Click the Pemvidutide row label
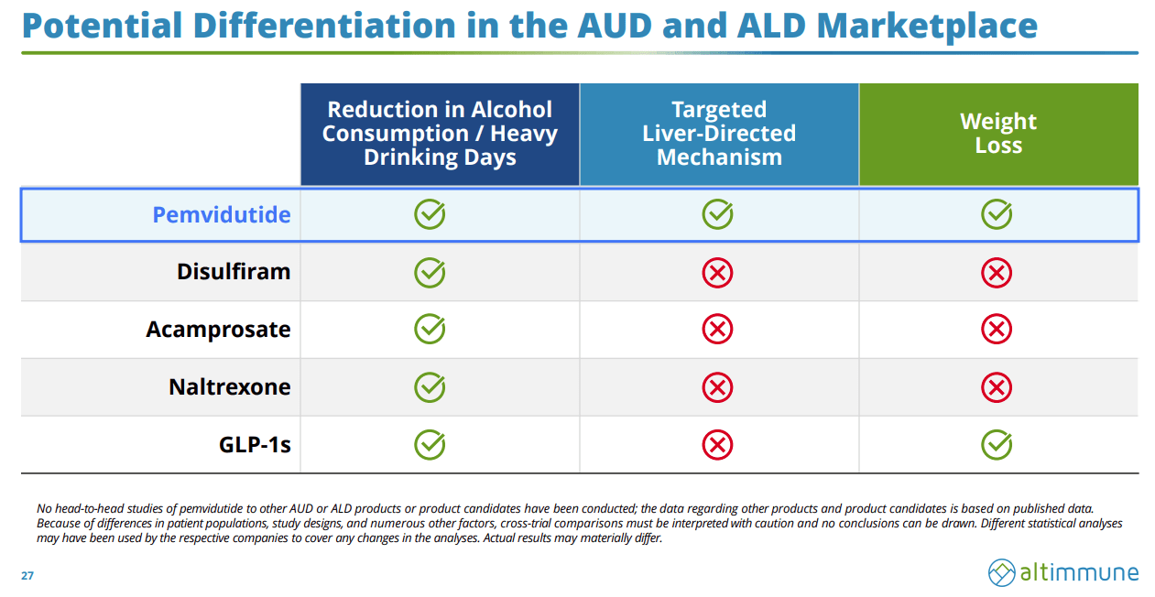click(x=222, y=214)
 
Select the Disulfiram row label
click(x=234, y=271)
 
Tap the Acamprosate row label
click(x=218, y=330)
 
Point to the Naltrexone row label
click(x=230, y=386)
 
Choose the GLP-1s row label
click(x=255, y=444)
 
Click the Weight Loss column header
click(x=998, y=133)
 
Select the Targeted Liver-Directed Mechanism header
click(x=719, y=133)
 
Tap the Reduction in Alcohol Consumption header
click(x=440, y=133)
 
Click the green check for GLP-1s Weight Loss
click(x=997, y=444)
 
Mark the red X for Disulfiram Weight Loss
click(x=997, y=273)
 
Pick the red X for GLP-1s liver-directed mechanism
click(x=717, y=444)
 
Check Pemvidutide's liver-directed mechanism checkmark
click(x=717, y=214)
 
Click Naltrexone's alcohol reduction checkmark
click(x=430, y=387)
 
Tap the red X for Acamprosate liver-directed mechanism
click(x=717, y=329)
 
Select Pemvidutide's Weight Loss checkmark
click(x=997, y=214)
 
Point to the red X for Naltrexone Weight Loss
click(x=997, y=387)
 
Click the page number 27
click(x=27, y=575)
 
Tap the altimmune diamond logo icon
click(x=1002, y=572)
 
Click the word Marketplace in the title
click(x=927, y=26)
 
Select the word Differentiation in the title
click(x=324, y=26)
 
